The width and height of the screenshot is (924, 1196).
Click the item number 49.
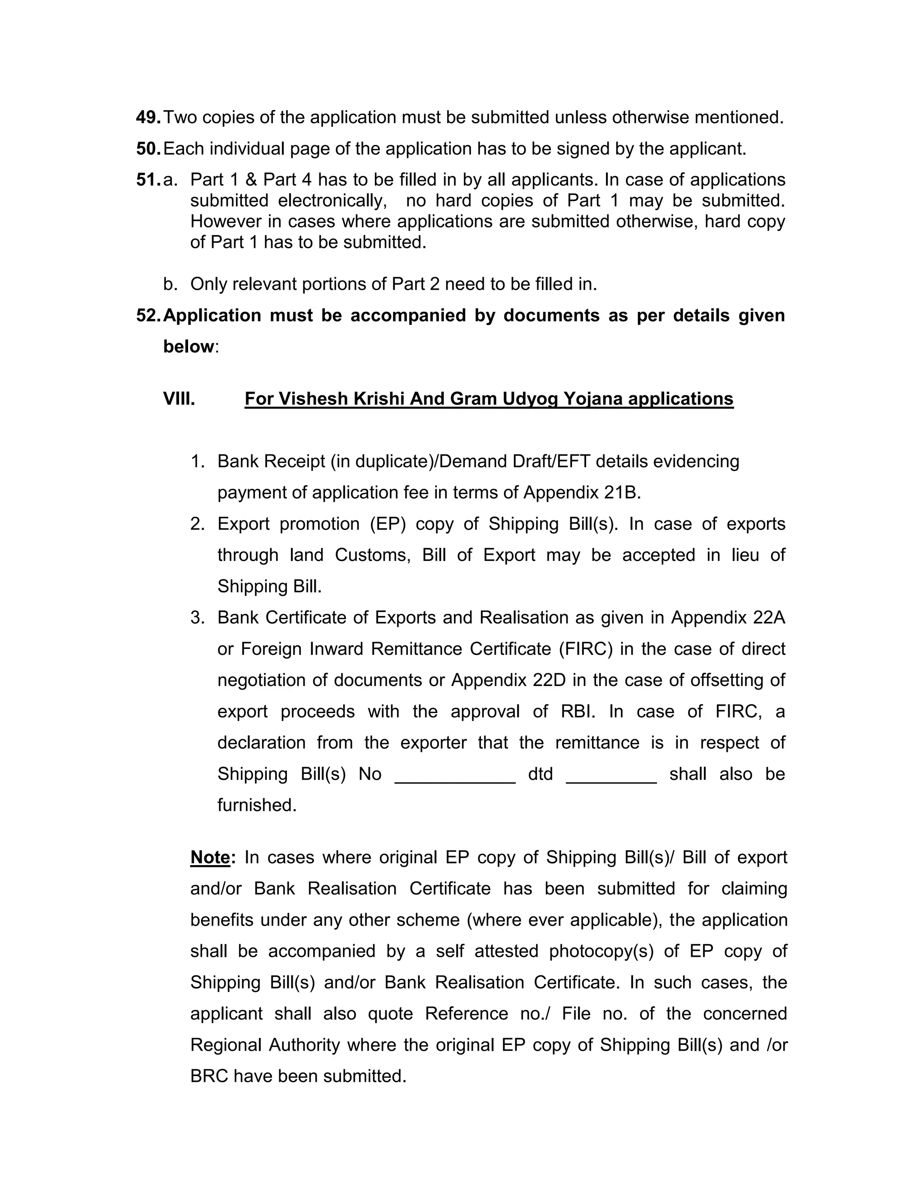tap(148, 117)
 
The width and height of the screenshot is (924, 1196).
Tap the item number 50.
tap(148, 148)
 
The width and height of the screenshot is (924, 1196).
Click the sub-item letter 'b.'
tap(170, 284)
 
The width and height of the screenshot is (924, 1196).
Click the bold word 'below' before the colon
tap(188, 347)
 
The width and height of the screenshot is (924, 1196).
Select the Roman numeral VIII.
tap(179, 399)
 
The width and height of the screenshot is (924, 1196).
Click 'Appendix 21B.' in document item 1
tap(582, 493)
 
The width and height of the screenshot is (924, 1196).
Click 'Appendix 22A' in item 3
tap(728, 618)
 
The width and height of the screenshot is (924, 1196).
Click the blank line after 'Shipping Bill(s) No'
tap(455, 778)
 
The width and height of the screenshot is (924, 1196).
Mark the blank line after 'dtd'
tap(611, 778)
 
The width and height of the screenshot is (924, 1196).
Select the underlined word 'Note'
tap(210, 857)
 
